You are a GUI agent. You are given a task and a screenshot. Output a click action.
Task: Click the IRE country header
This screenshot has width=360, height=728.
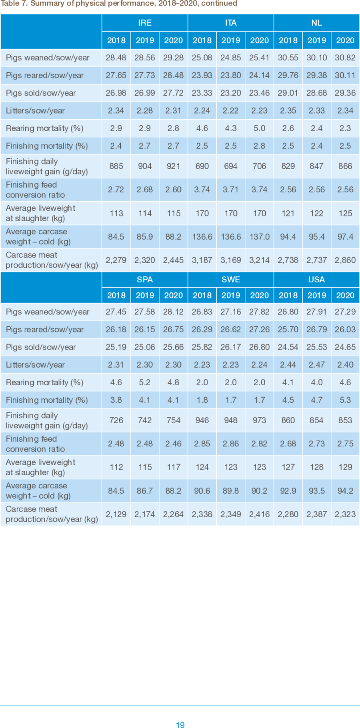[145, 23]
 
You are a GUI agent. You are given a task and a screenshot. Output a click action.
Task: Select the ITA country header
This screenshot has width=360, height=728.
[231, 23]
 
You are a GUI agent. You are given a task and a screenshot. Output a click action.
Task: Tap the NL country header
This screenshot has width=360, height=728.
[316, 23]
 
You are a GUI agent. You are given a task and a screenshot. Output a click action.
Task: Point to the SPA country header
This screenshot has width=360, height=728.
[145, 279]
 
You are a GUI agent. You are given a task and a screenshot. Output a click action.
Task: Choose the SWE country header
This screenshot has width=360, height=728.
[231, 279]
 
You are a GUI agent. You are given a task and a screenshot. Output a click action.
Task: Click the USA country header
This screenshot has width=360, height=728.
[316, 279]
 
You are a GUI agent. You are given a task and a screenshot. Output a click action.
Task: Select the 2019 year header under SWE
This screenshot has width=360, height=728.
[231, 295]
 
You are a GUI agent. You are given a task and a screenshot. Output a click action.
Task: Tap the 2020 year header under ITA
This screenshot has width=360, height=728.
[259, 40]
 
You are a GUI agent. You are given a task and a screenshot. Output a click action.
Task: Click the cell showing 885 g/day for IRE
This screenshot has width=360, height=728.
[116, 166]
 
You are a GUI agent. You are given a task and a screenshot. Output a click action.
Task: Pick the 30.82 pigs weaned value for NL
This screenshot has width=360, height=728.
[345, 58]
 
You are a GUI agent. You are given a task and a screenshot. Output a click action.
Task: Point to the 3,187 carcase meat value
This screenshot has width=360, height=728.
[202, 260]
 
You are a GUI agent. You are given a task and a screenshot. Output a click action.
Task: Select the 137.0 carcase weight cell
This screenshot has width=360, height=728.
[259, 236]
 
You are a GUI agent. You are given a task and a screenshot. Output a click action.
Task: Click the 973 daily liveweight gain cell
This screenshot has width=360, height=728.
[259, 420]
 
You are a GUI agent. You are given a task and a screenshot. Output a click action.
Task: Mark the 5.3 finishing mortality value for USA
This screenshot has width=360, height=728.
[345, 400]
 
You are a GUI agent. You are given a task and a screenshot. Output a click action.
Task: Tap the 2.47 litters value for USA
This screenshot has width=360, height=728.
[316, 365]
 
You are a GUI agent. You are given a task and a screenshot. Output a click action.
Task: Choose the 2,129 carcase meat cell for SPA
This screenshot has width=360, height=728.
[116, 514]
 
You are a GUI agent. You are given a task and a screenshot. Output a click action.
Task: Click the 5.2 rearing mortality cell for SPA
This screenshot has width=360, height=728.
[145, 382]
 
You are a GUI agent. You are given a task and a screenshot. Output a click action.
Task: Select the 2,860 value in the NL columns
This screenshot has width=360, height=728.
[345, 260]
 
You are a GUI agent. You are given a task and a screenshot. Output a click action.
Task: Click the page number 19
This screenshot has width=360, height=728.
[180, 724]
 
